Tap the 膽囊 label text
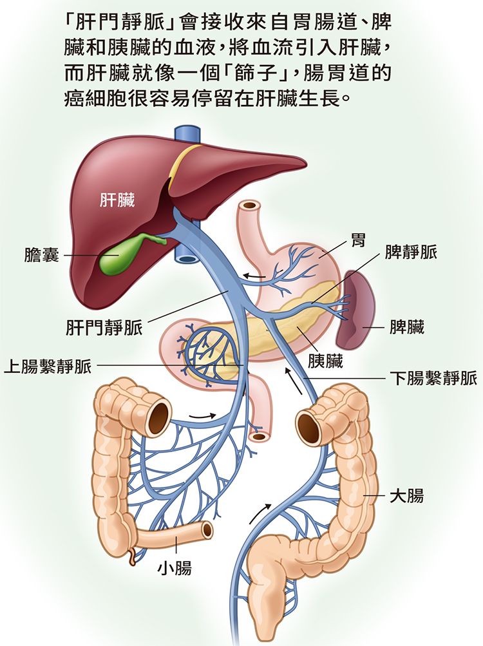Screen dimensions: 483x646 tap(42, 255)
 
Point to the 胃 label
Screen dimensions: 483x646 tap(358, 239)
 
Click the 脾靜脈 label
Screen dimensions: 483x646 tap(411, 252)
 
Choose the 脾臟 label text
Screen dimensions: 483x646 tap(407, 327)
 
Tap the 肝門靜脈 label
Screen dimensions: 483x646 tap(104, 328)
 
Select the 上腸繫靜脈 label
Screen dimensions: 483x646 tap(48, 366)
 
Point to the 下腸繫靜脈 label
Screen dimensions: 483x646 tap(433, 377)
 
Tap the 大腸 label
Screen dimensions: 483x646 tap(406, 496)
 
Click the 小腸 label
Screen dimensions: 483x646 tap(175, 568)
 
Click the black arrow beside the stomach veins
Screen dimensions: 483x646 tap(254, 276)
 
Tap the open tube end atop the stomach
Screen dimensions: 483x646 tap(251, 205)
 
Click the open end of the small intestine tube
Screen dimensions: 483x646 tap(207, 530)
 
